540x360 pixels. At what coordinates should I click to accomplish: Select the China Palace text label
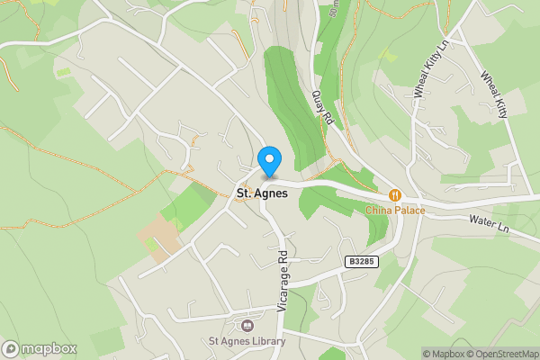click(x=394, y=211)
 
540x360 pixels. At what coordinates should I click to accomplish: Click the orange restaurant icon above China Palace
click(x=394, y=195)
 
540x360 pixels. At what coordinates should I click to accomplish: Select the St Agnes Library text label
click(x=247, y=341)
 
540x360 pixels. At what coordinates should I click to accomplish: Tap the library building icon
click(x=247, y=326)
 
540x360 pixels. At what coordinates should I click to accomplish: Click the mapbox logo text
click(x=50, y=348)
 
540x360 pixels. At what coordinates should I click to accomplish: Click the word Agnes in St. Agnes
click(x=270, y=192)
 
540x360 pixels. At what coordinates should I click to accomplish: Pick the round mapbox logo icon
click(x=12, y=348)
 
